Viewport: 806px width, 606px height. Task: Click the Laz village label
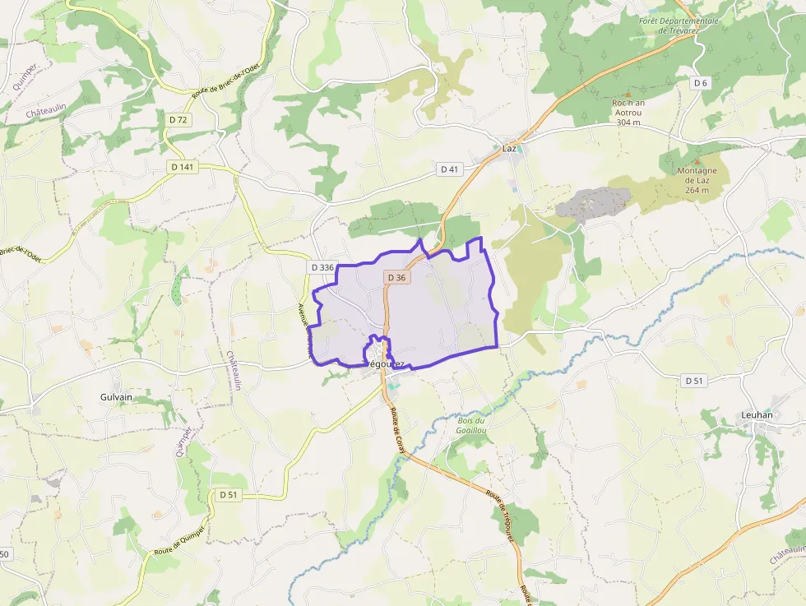pyautogui.click(x=509, y=148)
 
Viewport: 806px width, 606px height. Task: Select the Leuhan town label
pyautogui.click(x=757, y=414)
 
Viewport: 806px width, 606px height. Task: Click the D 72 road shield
pyautogui.click(x=178, y=120)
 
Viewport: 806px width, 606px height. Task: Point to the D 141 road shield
pyautogui.click(x=183, y=167)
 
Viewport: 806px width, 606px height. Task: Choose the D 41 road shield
pyautogui.click(x=449, y=169)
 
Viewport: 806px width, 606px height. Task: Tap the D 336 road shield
pyautogui.click(x=323, y=267)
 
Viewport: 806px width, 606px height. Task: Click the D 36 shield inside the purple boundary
pyautogui.click(x=396, y=277)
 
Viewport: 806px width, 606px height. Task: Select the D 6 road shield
pyautogui.click(x=700, y=83)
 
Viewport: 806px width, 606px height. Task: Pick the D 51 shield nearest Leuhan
pyautogui.click(x=694, y=381)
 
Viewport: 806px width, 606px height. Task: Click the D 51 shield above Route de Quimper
pyautogui.click(x=229, y=494)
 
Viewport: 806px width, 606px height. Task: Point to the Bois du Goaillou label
pyautogui.click(x=471, y=425)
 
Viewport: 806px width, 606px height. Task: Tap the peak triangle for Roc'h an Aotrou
pyautogui.click(x=628, y=94)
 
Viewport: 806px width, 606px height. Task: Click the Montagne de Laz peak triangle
pyautogui.click(x=697, y=161)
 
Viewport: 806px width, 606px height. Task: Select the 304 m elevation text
pyautogui.click(x=628, y=123)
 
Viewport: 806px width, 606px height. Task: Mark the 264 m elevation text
pyautogui.click(x=697, y=190)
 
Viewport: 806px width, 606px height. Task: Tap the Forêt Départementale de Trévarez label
pyautogui.click(x=679, y=25)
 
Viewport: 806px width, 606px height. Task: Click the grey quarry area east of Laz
pyautogui.click(x=592, y=201)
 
